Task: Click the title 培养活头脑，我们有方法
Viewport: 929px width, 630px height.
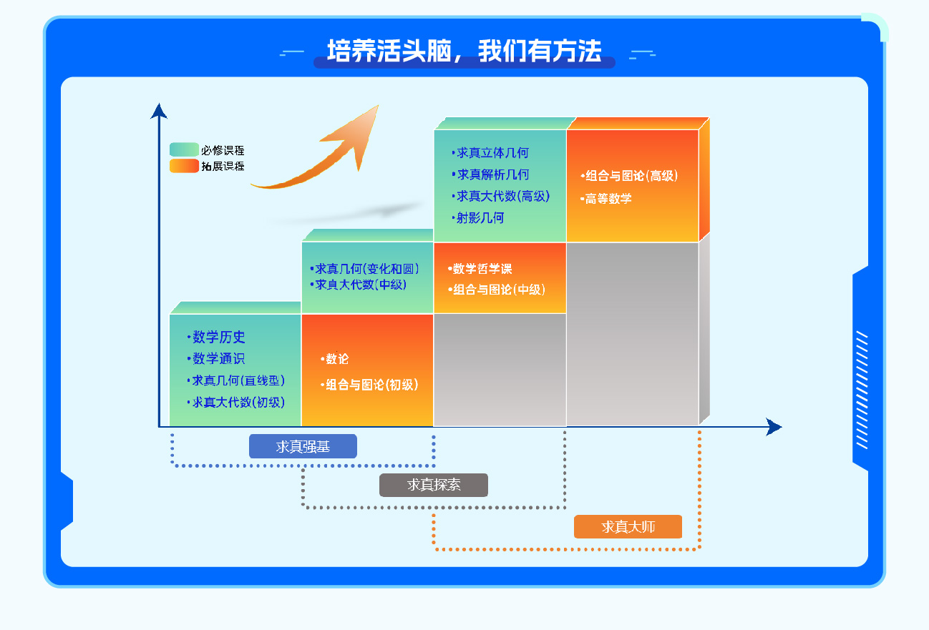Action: coord(464,51)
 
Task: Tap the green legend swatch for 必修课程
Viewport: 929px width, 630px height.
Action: coord(184,149)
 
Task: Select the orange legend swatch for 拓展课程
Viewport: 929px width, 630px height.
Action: coord(184,166)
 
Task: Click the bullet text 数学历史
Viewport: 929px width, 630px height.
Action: coord(218,337)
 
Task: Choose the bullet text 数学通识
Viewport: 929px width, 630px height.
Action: coord(218,358)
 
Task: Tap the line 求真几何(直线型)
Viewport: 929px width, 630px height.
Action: coord(238,380)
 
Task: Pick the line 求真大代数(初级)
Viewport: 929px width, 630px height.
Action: coord(238,402)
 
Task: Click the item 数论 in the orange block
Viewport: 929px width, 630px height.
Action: coord(337,358)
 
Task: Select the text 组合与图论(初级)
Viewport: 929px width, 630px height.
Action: coord(372,385)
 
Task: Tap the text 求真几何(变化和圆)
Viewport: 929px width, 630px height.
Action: coord(367,269)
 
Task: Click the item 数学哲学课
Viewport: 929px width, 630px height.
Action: coord(482,269)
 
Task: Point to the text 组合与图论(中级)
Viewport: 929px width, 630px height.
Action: coord(499,290)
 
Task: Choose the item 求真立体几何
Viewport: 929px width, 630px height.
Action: coord(492,153)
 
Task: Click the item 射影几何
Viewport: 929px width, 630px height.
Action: coord(480,217)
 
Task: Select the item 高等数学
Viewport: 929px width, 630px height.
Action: coord(608,199)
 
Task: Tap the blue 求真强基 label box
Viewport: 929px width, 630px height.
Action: coord(303,446)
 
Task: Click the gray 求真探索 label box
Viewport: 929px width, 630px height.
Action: coord(434,485)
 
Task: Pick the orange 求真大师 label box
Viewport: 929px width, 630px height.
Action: coord(628,527)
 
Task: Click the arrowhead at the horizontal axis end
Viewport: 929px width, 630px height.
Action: coord(774,426)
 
